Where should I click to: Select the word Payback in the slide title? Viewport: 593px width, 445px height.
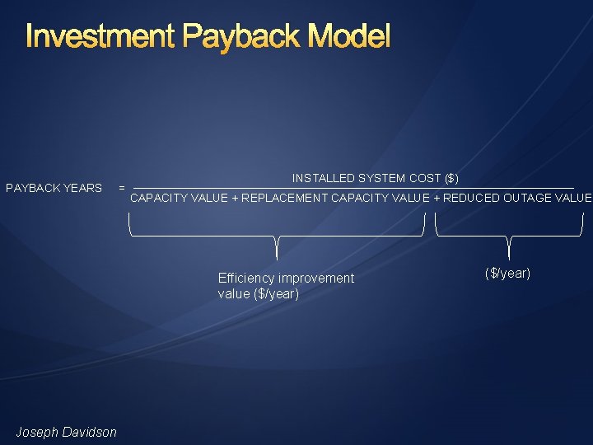click(238, 37)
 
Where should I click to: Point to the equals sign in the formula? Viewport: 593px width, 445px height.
click(122, 188)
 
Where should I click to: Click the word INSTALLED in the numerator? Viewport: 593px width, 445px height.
click(322, 178)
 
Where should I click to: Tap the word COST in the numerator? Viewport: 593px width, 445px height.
click(425, 178)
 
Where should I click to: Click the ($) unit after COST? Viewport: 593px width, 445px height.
click(451, 178)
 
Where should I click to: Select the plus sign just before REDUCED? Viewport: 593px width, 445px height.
click(437, 198)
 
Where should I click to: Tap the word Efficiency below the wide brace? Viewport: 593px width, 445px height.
click(246, 279)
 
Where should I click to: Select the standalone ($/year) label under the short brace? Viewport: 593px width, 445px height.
click(507, 273)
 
